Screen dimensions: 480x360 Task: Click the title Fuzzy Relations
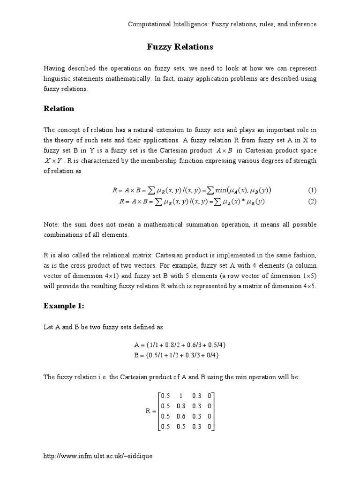pyautogui.click(x=180, y=47)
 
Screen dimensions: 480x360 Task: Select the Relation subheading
pyautogui.click(x=59, y=109)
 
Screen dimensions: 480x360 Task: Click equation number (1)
pyautogui.click(x=312, y=190)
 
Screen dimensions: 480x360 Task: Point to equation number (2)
pyautogui.click(x=312, y=202)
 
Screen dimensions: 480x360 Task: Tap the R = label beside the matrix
pyautogui.click(x=150, y=411)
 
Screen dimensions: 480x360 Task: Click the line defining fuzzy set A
pyautogui.click(x=180, y=345)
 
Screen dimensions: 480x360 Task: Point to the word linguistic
pyautogui.click(x=57, y=79)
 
